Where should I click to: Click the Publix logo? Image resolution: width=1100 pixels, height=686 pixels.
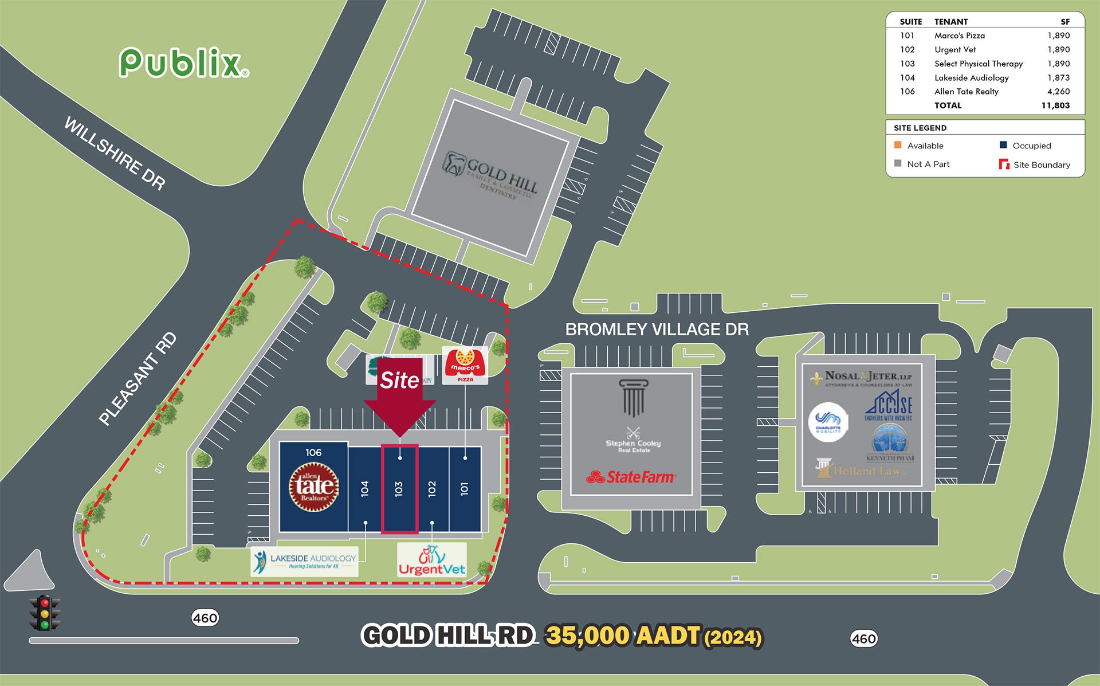[183, 63]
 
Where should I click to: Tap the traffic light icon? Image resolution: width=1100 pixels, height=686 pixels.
[45, 613]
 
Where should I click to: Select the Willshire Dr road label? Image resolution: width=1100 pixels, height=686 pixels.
[115, 153]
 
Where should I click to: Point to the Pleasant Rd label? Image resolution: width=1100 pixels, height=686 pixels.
[137, 379]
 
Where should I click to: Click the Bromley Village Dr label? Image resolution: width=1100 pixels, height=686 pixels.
[657, 330]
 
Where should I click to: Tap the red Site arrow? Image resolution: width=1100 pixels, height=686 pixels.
[400, 395]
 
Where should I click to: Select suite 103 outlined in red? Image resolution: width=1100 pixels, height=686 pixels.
[399, 488]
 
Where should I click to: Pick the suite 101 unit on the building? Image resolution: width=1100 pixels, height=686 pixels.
[465, 488]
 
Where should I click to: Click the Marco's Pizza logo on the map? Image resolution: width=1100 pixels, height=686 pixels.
[465, 365]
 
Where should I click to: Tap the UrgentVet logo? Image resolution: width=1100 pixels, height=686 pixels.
[432, 560]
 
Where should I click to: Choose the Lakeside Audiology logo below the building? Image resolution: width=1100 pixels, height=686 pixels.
[305, 562]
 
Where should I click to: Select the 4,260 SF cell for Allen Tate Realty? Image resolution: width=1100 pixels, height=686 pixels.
[1058, 92]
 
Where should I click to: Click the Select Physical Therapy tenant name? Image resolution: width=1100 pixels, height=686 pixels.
[978, 64]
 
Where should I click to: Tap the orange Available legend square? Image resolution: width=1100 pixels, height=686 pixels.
[898, 145]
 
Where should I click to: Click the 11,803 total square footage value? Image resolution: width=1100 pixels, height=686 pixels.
[1055, 105]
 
